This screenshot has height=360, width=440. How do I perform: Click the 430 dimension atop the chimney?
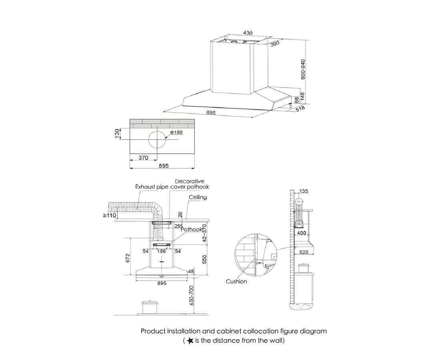[248, 33]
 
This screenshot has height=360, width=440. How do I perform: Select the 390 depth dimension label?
[274, 44]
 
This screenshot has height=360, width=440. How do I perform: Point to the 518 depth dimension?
[300, 109]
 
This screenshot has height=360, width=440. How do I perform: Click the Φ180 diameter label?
[176, 132]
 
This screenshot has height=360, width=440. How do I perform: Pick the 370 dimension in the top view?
[143, 158]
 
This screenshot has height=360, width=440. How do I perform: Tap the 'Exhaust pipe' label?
[152, 187]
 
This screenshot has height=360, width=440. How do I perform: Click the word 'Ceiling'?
[198, 198]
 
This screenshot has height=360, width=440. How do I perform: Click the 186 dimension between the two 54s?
[161, 251]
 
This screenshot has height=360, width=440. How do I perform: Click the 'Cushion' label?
[236, 281]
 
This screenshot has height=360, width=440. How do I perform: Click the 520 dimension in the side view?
[304, 252]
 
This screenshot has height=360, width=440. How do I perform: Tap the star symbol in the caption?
[190, 340]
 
